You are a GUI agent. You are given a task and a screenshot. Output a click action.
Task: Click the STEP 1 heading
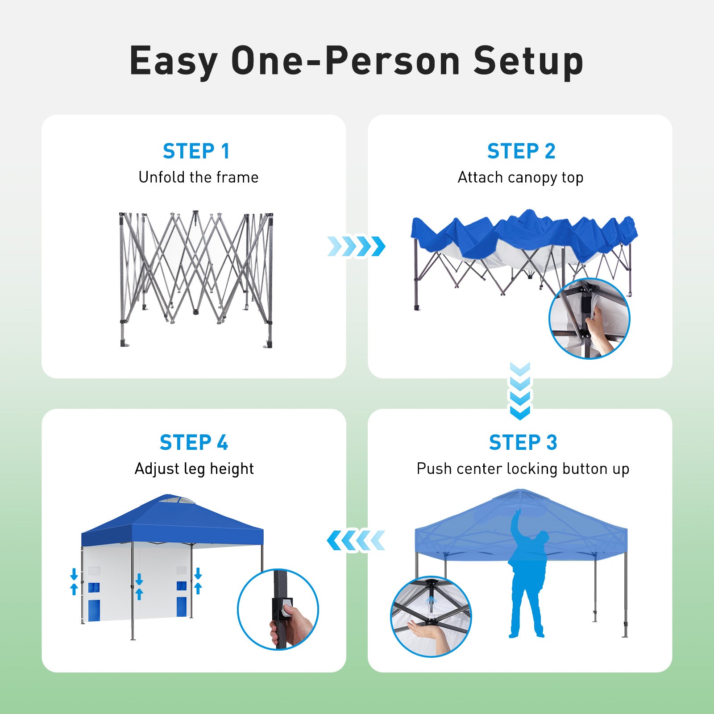[196, 151]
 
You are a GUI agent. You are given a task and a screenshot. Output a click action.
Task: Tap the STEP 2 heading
[521, 151]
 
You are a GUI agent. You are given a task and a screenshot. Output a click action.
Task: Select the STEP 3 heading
[523, 443]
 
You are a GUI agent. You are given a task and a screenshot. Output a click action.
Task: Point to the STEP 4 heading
[194, 443]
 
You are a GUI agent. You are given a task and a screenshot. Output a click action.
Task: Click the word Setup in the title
[528, 61]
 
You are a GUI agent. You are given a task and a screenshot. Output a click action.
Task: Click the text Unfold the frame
[199, 177]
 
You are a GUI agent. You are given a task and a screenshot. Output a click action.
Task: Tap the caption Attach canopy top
[520, 178]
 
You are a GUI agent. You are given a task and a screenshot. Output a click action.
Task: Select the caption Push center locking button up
[523, 469]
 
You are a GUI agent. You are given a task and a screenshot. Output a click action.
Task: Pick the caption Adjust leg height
[194, 469]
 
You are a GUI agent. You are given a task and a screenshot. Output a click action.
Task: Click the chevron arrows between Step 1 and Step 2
[356, 246]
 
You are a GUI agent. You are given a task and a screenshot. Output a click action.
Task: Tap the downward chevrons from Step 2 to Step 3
[520, 391]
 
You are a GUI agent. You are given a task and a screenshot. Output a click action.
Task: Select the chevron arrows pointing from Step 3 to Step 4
[356, 540]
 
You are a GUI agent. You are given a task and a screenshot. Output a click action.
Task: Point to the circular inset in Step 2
[589, 318]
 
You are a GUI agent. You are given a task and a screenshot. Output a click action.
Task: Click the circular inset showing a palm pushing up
[431, 616]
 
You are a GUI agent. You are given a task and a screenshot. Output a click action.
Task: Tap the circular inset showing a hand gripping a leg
[278, 609]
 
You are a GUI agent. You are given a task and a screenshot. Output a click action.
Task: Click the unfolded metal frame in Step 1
[196, 279]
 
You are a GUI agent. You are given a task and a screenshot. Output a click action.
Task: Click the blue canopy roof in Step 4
[172, 522]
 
